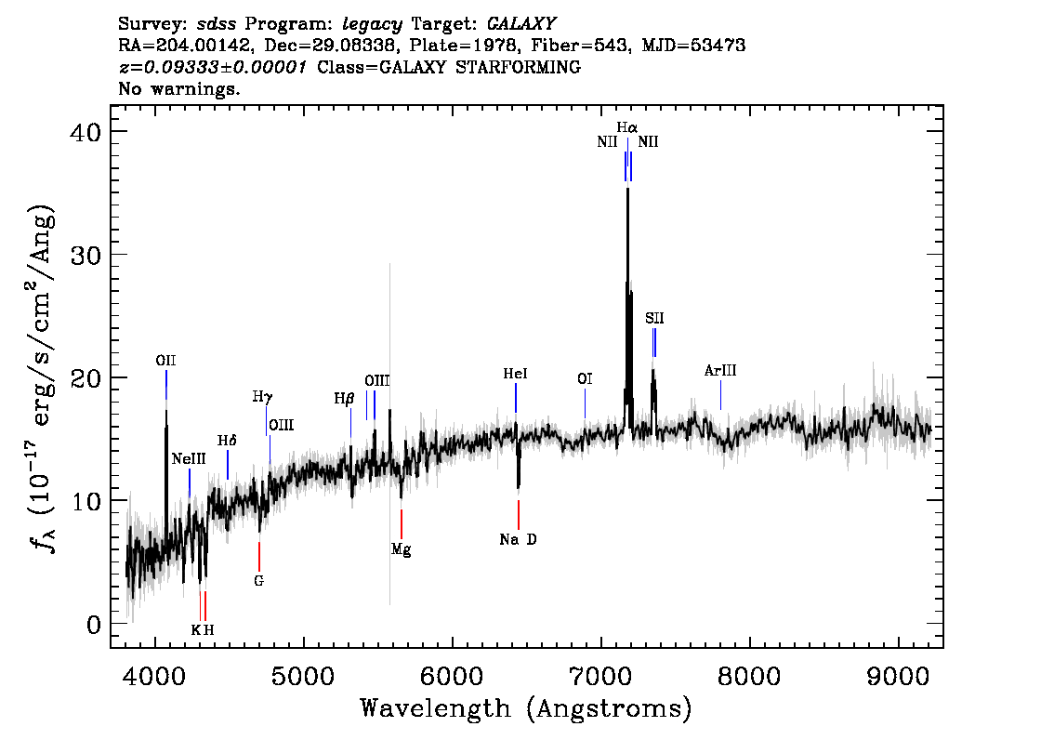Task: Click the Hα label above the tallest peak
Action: click(627, 127)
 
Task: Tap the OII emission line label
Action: click(165, 361)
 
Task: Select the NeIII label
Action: click(189, 459)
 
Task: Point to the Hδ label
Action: click(227, 441)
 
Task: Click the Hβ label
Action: click(344, 399)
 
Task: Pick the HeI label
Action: click(516, 374)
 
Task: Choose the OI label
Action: click(585, 379)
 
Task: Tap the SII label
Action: click(654, 318)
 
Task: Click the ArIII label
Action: click(720, 370)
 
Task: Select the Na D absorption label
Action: click(519, 539)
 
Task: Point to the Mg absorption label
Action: click(402, 550)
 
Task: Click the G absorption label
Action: click(258, 580)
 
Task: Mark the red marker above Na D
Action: click(519, 514)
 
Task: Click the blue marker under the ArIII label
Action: click(720, 395)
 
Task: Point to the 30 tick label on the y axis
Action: click(86, 255)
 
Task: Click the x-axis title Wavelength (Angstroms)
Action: click(526, 708)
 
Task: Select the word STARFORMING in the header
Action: click(519, 67)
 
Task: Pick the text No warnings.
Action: click(178, 88)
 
